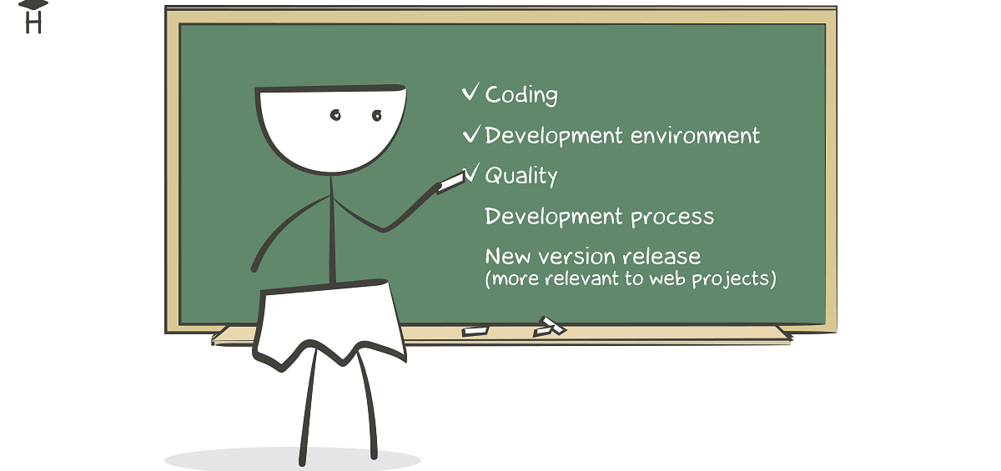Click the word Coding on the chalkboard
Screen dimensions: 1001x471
click(521, 95)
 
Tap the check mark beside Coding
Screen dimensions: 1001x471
click(470, 92)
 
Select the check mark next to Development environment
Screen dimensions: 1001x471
click(471, 134)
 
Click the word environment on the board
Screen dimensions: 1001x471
click(695, 135)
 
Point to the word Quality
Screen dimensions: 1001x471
click(521, 175)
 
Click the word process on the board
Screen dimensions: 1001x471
click(672, 218)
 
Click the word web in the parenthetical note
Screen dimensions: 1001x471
click(666, 278)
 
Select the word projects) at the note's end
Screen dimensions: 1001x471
click(734, 279)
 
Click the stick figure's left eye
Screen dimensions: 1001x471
click(335, 115)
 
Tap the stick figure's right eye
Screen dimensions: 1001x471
click(377, 116)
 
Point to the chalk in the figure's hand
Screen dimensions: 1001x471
click(450, 183)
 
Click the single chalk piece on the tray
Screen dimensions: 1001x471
click(475, 331)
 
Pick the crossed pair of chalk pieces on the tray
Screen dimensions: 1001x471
click(550, 327)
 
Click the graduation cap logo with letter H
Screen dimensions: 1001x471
click(33, 17)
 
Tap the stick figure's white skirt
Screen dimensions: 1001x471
click(329, 324)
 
